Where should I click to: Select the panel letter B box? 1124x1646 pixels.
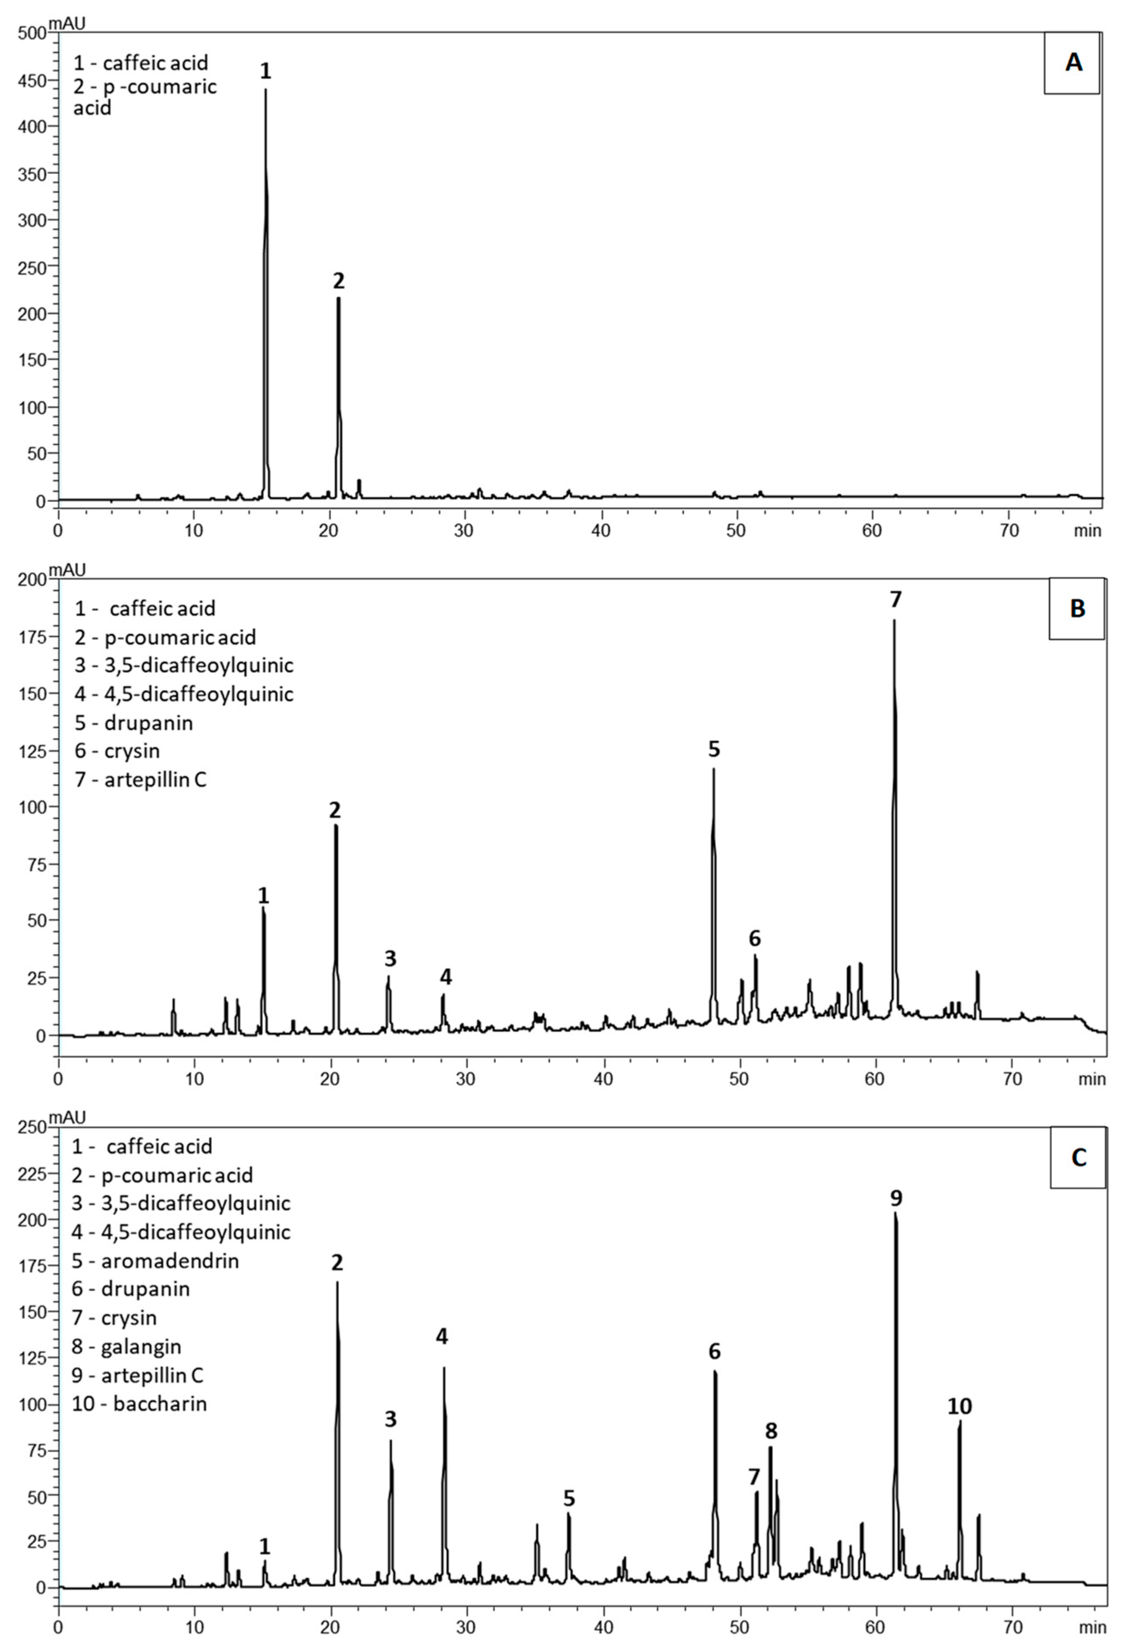click(x=1077, y=609)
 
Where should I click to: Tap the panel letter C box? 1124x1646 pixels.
click(x=1078, y=1157)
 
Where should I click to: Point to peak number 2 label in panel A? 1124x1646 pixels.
click(x=339, y=281)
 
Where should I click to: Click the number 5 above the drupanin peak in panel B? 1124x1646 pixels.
click(x=714, y=749)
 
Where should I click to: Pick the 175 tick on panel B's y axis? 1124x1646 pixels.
click(x=33, y=637)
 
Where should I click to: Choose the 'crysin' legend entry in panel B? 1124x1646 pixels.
click(x=117, y=751)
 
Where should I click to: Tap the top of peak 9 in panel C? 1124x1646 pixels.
click(x=895, y=1213)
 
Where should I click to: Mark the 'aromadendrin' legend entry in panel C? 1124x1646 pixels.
click(x=155, y=1261)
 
